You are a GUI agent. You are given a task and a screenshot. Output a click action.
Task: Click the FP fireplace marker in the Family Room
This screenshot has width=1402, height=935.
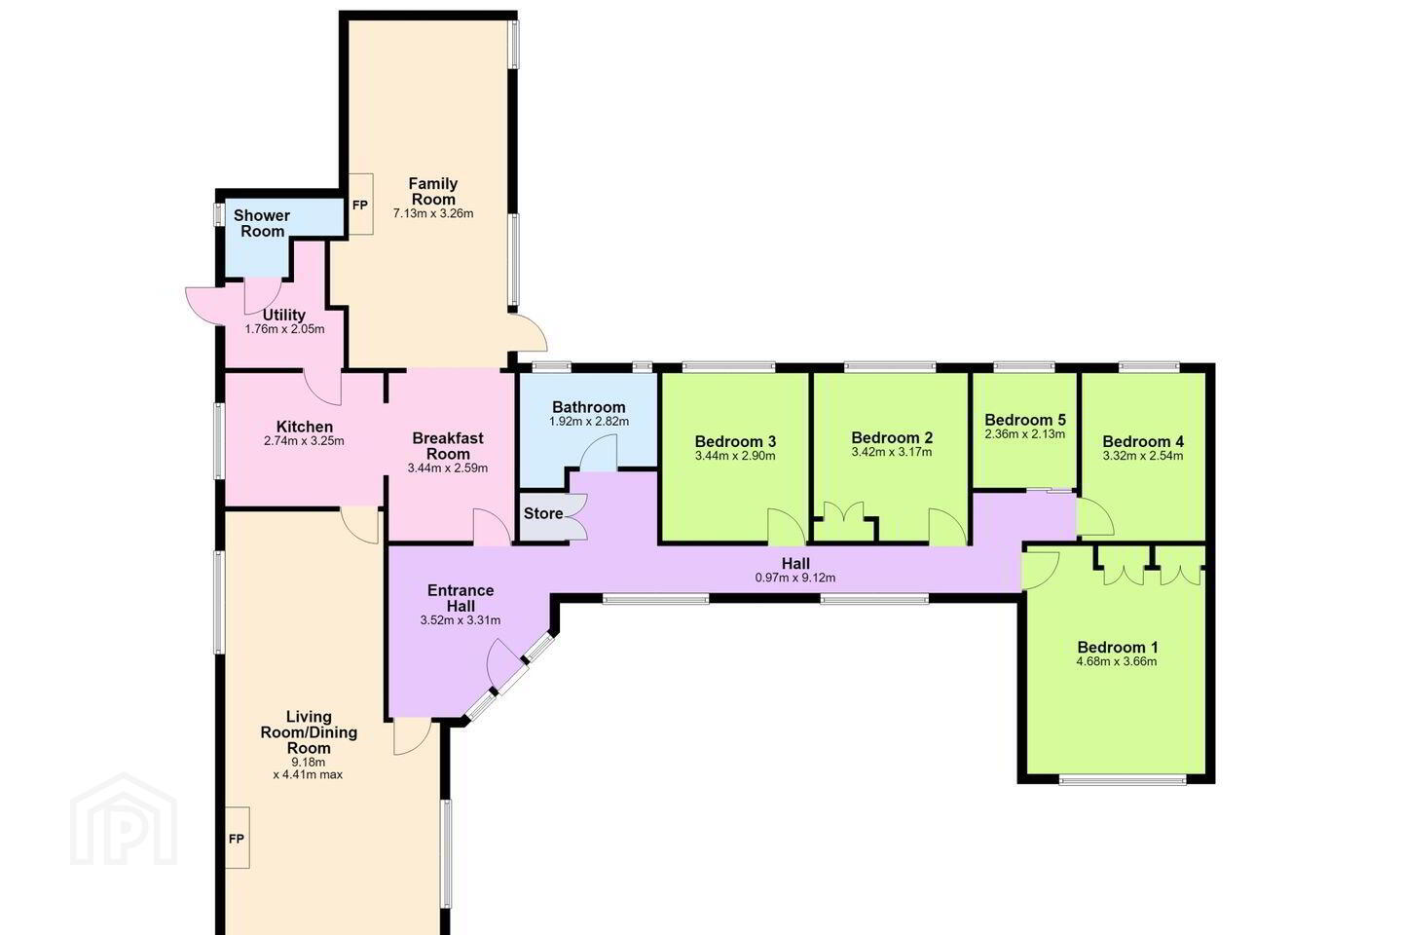(x=360, y=206)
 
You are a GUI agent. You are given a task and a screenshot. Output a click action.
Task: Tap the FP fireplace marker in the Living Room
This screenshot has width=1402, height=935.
(x=236, y=839)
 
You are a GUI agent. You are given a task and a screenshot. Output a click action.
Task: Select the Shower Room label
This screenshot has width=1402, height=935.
(x=262, y=223)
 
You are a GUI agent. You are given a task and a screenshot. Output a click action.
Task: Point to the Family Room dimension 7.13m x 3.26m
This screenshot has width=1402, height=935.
(x=433, y=213)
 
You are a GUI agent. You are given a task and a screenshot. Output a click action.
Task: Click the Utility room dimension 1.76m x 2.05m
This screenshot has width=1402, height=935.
(x=284, y=329)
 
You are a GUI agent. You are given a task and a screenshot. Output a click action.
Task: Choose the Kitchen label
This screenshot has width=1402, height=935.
(x=304, y=427)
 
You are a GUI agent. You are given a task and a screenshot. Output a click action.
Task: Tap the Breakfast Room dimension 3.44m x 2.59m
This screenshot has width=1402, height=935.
(x=448, y=467)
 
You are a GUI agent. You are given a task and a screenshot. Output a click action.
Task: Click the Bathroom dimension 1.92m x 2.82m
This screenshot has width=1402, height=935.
(x=589, y=422)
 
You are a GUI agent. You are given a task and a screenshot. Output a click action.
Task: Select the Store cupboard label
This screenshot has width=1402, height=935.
(x=543, y=513)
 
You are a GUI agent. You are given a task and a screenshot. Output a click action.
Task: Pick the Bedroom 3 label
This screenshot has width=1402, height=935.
(x=735, y=441)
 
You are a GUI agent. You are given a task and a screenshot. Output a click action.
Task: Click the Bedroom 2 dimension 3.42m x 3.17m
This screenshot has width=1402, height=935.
(x=892, y=452)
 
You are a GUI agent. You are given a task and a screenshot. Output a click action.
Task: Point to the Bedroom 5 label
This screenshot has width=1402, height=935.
(x=1025, y=420)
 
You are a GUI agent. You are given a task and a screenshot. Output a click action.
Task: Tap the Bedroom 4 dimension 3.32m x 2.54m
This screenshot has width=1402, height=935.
(x=1143, y=456)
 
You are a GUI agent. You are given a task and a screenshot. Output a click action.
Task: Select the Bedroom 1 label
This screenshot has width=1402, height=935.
(x=1118, y=647)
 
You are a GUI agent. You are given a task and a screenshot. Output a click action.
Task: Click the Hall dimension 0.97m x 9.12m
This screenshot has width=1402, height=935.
(x=795, y=578)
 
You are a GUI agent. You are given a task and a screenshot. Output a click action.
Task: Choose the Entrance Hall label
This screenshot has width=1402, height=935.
(x=461, y=598)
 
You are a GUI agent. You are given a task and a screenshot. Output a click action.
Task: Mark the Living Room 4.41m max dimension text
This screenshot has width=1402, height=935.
(x=308, y=775)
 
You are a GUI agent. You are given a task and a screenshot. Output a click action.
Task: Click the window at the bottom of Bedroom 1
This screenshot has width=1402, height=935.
(x=1123, y=780)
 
